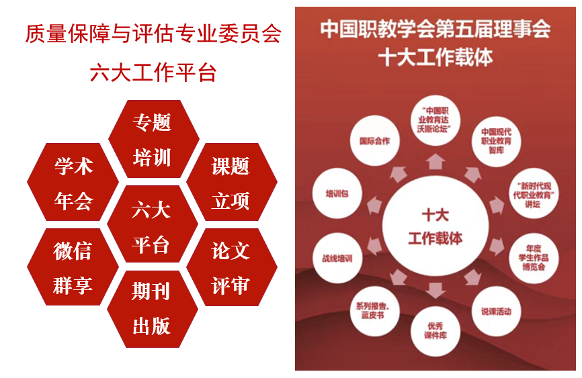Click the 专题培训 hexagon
[154, 139]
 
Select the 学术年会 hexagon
[73, 182]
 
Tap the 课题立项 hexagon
[232, 182]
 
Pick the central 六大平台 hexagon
[152, 224]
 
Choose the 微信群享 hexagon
[73, 267]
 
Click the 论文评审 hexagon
[232, 267]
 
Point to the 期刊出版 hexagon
[152, 309]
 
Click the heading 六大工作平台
[153, 73]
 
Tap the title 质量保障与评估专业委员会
[153, 34]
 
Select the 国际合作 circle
[374, 140]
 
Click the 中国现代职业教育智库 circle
[496, 142]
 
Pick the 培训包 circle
[337, 193]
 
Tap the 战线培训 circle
[337, 258]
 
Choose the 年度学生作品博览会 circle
[534, 258]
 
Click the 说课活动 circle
[496, 312]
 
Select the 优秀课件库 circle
[435, 331]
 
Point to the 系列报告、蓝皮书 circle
[374, 311]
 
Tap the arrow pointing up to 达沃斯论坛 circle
[435, 162]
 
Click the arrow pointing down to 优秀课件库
[435, 291]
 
